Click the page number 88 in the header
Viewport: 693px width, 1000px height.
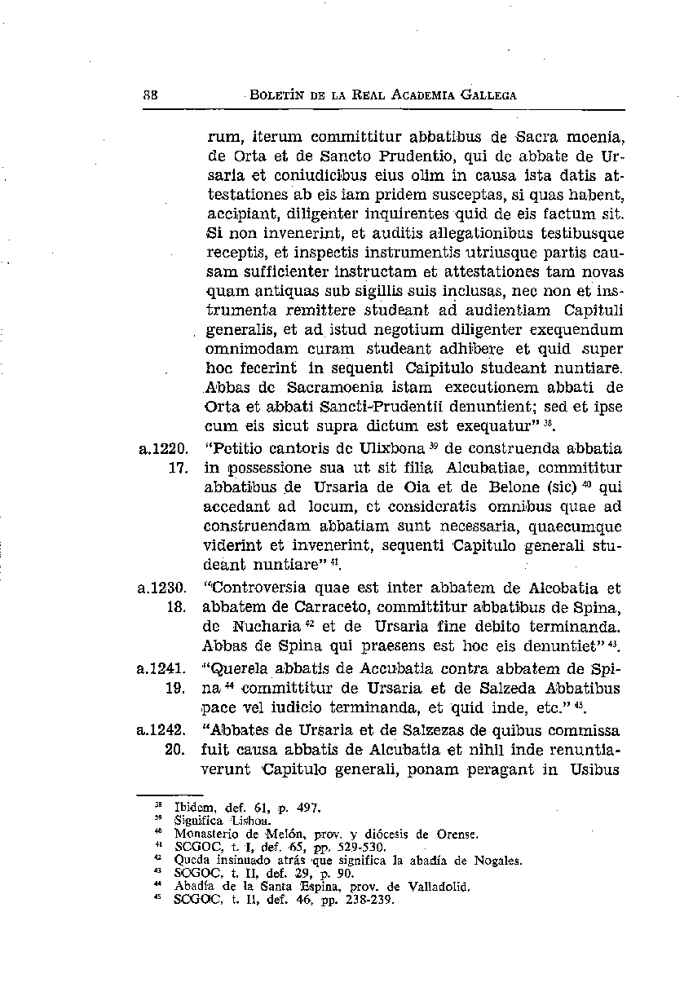150,95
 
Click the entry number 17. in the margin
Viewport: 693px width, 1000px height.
178,469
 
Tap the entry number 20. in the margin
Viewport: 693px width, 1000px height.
178,749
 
